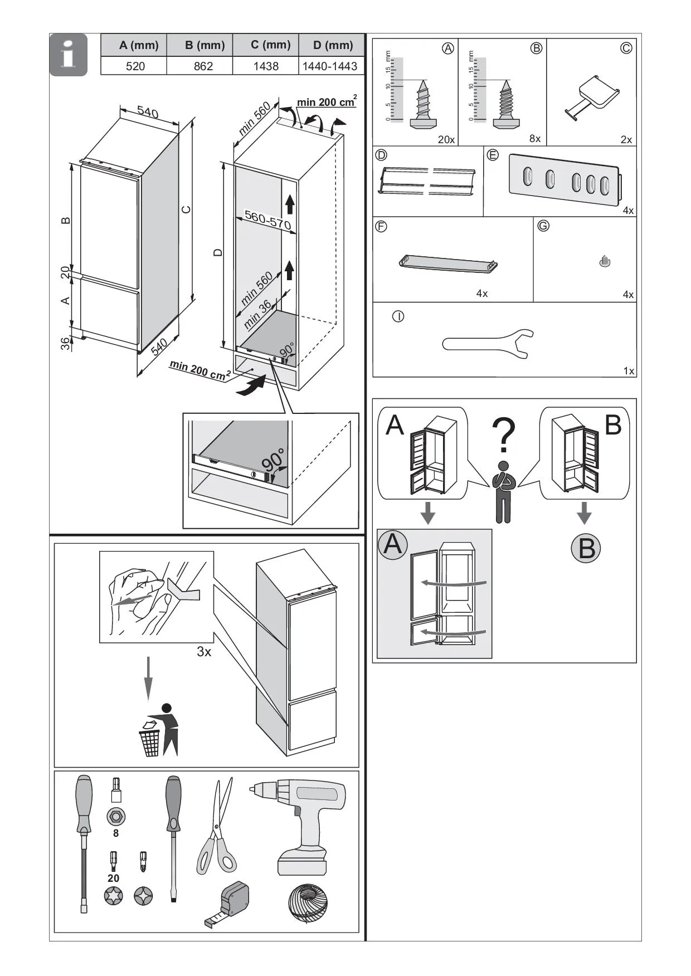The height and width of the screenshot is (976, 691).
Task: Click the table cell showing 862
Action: pos(203,66)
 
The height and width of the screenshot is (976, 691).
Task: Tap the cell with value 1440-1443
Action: pos(329,66)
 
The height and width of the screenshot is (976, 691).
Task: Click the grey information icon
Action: pos(69,55)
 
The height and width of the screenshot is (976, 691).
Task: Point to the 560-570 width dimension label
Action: pos(267,221)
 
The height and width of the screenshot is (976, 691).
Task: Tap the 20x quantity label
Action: pos(446,139)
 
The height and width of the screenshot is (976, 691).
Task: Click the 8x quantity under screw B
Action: pos(535,139)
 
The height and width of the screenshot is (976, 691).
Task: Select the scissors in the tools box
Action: pos(218,827)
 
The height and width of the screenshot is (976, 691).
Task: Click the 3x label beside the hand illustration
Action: pos(204,651)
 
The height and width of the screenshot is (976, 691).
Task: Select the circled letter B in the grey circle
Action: pos(586,548)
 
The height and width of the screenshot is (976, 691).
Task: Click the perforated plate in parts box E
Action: pos(564,179)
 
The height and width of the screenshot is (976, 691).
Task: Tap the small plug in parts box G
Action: pos(605,261)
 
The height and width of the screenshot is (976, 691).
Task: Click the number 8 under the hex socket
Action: pos(116,833)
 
